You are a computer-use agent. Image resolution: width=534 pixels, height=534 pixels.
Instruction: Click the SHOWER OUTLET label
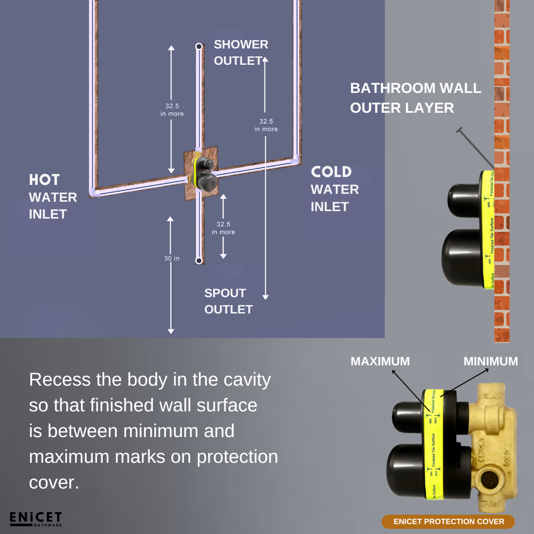[x=241, y=52]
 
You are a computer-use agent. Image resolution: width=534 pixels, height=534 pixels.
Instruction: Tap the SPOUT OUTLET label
[x=228, y=301]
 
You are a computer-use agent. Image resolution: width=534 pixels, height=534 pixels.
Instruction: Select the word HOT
[x=44, y=180]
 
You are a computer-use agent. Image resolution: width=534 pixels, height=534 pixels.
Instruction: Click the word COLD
[x=331, y=172]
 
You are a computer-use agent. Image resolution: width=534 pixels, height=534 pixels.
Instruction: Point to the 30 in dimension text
[x=172, y=259]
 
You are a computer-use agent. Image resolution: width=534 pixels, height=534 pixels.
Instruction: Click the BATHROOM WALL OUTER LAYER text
[x=415, y=98]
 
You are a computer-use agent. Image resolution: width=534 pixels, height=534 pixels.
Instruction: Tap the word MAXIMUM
[x=380, y=361]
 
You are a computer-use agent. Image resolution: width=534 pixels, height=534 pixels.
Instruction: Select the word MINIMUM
[x=490, y=361]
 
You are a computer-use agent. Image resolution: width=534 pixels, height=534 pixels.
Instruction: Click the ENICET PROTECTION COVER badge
[x=448, y=522]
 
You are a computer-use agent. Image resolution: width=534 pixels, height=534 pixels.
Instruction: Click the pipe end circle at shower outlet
[x=198, y=46]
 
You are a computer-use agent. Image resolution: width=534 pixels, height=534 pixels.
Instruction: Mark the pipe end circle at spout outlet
[x=198, y=260]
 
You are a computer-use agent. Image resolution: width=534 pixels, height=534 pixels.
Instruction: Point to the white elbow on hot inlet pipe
[x=93, y=191]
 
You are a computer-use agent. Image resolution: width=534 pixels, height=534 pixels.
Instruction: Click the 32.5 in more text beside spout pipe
[x=223, y=228]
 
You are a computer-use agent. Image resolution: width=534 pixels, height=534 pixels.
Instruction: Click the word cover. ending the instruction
[x=54, y=483]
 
